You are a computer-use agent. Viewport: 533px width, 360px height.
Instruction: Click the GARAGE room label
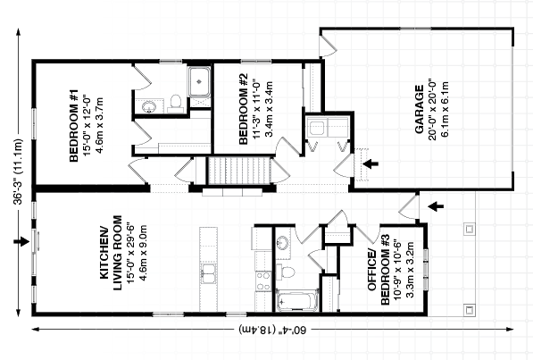click(x=420, y=109)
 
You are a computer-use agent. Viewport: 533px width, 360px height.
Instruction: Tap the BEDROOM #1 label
click(x=74, y=126)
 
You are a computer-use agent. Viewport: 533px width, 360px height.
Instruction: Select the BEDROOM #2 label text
click(x=244, y=109)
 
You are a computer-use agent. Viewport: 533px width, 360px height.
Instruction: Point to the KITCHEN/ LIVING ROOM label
click(x=111, y=253)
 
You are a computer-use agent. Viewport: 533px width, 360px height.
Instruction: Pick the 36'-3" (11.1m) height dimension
click(x=18, y=172)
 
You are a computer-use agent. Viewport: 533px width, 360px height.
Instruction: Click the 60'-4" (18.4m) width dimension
click(x=272, y=330)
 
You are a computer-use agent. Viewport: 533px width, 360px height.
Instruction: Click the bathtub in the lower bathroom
click(x=297, y=301)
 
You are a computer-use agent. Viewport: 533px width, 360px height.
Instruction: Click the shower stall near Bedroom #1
click(x=199, y=81)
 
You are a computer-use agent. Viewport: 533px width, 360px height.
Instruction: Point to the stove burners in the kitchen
click(x=263, y=281)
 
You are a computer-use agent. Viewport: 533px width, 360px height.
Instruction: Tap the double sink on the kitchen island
click(x=208, y=273)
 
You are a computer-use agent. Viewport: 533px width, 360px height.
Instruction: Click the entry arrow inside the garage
click(x=371, y=164)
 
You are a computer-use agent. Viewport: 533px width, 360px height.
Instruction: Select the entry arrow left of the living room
click(x=21, y=241)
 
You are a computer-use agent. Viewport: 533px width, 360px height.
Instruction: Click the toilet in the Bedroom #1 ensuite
click(x=174, y=104)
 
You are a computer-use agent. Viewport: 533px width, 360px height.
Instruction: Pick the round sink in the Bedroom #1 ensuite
click(x=148, y=106)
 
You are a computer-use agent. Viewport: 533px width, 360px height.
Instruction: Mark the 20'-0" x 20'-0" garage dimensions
click(x=432, y=110)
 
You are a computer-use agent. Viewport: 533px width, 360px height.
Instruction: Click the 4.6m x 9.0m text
click(x=143, y=253)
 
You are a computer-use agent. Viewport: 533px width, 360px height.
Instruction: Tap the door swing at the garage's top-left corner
click(x=328, y=45)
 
